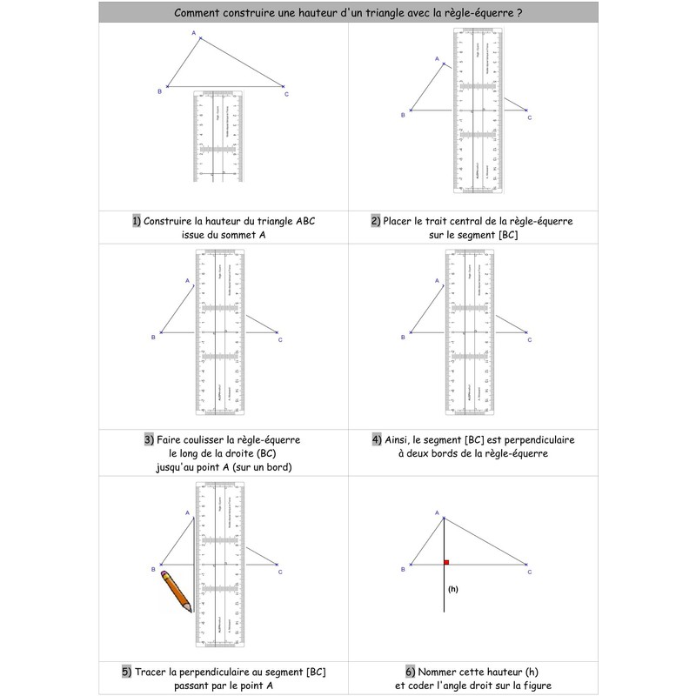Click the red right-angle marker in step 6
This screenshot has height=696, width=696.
point(446,563)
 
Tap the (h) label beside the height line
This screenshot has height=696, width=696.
point(452,589)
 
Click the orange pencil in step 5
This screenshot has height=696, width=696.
point(177,590)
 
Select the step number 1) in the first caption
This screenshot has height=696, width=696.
point(137,221)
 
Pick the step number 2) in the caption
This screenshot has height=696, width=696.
point(376,221)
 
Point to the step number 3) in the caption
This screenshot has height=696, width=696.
point(149,439)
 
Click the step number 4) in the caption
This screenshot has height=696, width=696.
point(377,439)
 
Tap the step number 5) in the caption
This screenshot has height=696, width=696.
point(127,671)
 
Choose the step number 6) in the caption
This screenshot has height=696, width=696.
point(411,671)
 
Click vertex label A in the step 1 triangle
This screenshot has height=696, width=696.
point(193,33)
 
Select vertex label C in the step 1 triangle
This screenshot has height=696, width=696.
point(287,94)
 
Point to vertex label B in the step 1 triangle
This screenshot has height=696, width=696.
point(158,91)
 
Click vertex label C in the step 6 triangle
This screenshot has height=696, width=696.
point(529,571)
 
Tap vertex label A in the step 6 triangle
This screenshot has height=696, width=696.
point(437,513)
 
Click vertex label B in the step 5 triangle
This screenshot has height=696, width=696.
point(153,570)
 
